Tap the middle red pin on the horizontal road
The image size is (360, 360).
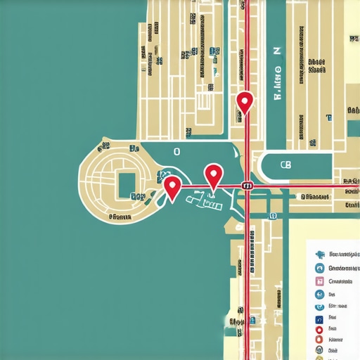[x=213, y=173]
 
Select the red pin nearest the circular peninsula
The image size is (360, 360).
[x=172, y=186]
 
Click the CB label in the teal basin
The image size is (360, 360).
[x=285, y=165]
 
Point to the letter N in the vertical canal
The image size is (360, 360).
[x=276, y=52]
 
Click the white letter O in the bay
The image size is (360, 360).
[x=176, y=151]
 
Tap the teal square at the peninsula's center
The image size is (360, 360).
[x=127, y=184]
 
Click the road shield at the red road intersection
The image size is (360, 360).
[x=247, y=186]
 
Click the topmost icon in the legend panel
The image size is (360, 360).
[x=319, y=254]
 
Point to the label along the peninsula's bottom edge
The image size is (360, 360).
[x=120, y=219]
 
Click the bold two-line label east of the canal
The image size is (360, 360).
[x=317, y=65]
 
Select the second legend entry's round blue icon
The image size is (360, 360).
[x=319, y=268]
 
